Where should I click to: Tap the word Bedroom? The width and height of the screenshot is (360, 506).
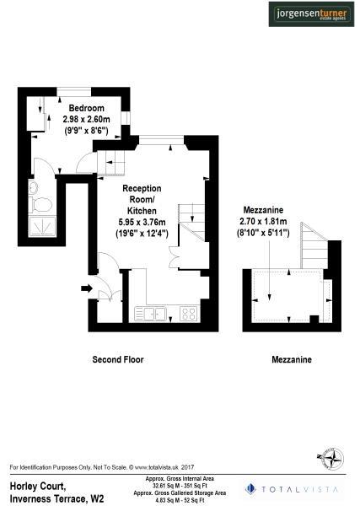coord(87,109)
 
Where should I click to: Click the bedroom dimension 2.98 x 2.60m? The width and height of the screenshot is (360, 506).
coord(87,120)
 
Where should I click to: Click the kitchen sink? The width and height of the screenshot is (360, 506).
coord(154,315)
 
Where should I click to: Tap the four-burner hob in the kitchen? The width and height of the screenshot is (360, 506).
coord(189,315)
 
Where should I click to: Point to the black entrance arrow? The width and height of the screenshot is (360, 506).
coord(85,288)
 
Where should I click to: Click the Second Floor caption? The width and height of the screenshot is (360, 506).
coord(117,359)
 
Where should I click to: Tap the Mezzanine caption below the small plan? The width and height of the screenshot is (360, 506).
coord(292,360)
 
